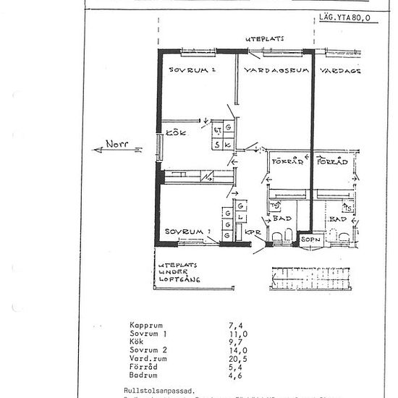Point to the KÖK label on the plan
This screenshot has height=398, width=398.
(177, 133)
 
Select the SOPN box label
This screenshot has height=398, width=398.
(309, 238)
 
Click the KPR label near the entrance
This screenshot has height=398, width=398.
(253, 232)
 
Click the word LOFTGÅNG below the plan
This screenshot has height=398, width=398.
(179, 279)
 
